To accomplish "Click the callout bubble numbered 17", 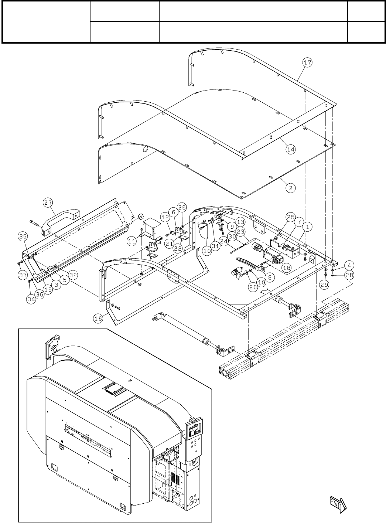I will (x=307, y=63).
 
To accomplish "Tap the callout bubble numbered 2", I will (x=290, y=188).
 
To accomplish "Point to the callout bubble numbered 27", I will (x=48, y=202).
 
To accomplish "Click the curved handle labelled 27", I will (x=59, y=220).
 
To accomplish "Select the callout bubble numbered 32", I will (x=73, y=275).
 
